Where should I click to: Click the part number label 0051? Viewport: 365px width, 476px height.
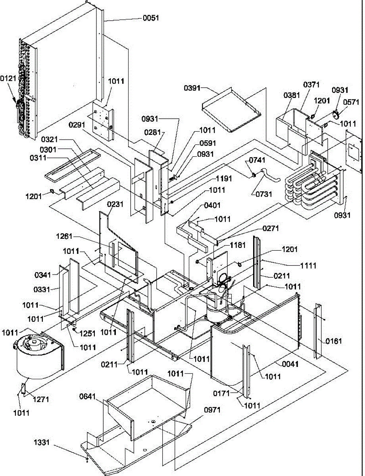pos(151,18)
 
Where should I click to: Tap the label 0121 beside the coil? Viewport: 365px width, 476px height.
pos(8,79)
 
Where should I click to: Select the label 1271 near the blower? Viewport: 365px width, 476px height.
pos(41,399)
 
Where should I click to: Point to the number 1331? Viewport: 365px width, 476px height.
pos(41,441)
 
